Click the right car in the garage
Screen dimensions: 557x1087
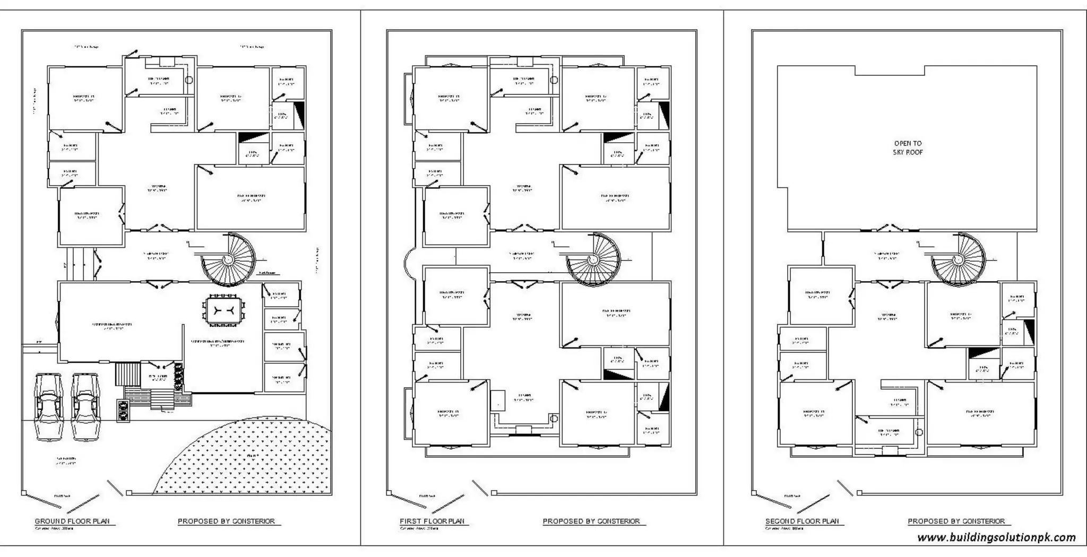point(85,407)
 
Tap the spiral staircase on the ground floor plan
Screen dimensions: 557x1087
point(228,260)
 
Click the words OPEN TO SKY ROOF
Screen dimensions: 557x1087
point(908,147)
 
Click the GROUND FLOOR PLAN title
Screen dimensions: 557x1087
point(72,521)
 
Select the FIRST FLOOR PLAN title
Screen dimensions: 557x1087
point(432,521)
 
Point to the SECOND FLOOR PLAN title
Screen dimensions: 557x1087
point(802,521)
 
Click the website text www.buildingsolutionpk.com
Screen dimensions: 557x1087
point(996,537)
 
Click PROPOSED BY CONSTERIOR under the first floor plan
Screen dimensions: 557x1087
point(591,521)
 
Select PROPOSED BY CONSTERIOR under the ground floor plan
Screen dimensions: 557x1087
point(227,521)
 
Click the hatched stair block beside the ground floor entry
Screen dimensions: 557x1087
point(127,375)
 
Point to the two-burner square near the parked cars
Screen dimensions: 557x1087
point(123,411)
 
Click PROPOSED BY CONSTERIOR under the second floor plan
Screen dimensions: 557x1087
point(956,521)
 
